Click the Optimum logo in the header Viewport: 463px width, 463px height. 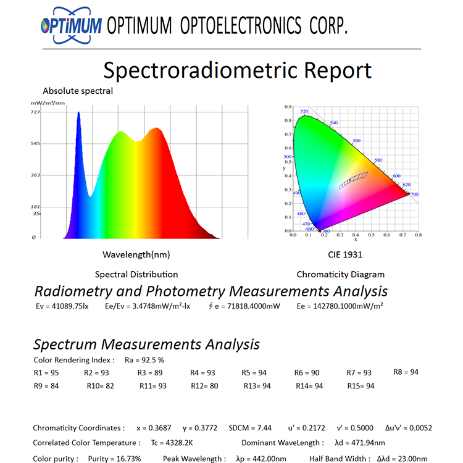[x=70, y=25]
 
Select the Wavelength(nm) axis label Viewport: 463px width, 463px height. [x=136, y=254]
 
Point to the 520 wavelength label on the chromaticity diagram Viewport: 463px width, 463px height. [x=304, y=112]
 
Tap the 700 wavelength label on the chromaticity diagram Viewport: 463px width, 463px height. [x=414, y=194]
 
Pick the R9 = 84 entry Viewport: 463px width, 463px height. [x=46, y=386]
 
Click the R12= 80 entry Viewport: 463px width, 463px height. [x=205, y=386]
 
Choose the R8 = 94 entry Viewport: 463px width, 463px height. [x=406, y=372]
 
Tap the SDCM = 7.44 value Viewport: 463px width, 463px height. [x=249, y=428]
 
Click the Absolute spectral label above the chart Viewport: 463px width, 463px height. [x=78, y=91]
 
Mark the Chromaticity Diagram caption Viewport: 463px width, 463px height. [x=340, y=275]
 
